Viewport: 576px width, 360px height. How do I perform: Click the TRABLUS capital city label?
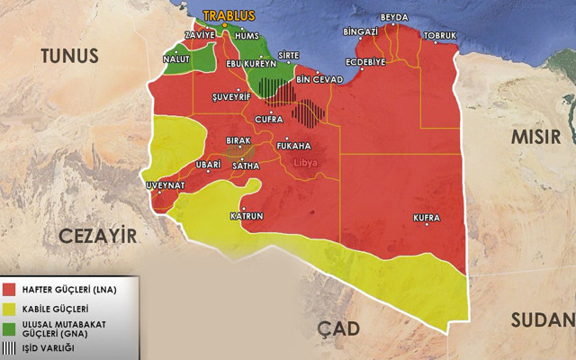pyautogui.click(x=229, y=16)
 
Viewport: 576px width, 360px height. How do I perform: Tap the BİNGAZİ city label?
pyautogui.click(x=361, y=31)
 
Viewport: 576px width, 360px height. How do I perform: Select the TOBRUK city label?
pyautogui.click(x=439, y=36)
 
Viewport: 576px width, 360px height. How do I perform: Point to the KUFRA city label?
pyautogui.click(x=427, y=218)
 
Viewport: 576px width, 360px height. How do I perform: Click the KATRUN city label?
pyautogui.click(x=247, y=217)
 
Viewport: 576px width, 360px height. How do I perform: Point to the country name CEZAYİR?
pyautogui.click(x=98, y=237)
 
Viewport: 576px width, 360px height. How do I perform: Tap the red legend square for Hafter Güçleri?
pyautogui.click(x=9, y=289)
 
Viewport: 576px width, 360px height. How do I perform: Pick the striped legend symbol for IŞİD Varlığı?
pyautogui.click(x=9, y=346)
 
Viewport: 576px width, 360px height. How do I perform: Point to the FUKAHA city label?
pyautogui.click(x=293, y=145)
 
